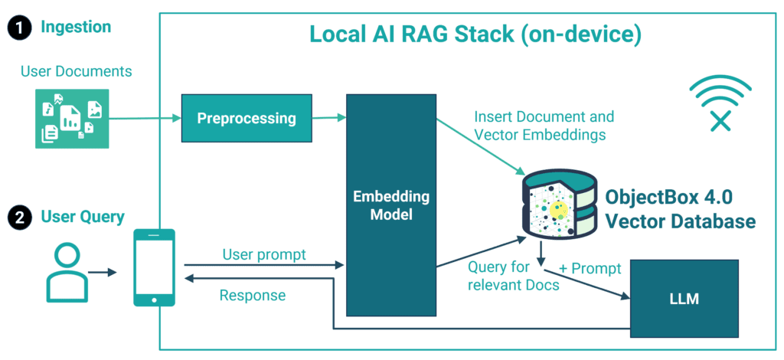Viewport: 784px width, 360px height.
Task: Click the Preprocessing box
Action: click(x=247, y=119)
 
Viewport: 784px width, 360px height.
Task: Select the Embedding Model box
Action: click(x=390, y=205)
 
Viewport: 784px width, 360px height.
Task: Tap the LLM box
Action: click(x=683, y=298)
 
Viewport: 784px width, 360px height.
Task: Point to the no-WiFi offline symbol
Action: click(x=720, y=104)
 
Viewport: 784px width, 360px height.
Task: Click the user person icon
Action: click(x=64, y=272)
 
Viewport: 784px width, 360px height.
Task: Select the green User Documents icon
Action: click(x=72, y=118)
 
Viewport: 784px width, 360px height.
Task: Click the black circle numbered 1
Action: click(x=18, y=28)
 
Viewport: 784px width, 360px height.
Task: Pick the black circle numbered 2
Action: click(x=18, y=218)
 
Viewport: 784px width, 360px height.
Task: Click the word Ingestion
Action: click(x=75, y=28)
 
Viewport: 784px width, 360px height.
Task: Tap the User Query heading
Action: click(x=83, y=217)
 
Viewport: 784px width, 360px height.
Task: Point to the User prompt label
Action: click(x=263, y=254)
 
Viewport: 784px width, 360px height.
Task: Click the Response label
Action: click(x=252, y=295)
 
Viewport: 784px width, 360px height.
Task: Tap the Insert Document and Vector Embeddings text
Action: click(x=544, y=126)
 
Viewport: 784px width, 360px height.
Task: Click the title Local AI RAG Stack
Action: click(x=475, y=34)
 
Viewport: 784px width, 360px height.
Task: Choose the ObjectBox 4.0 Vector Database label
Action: click(x=680, y=208)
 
